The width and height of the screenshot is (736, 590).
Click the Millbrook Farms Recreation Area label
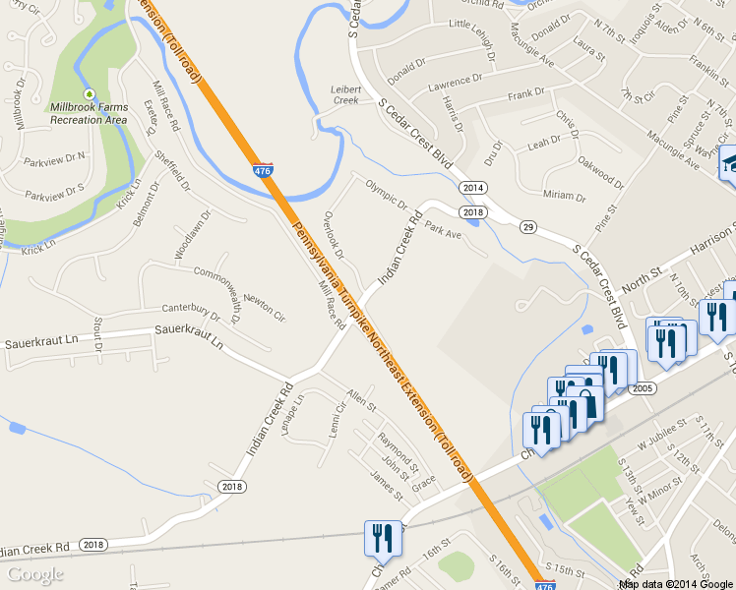(89, 113)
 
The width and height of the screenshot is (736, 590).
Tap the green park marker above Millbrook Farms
(89, 93)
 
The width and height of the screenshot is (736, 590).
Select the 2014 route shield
(473, 187)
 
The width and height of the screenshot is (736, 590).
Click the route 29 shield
(528, 228)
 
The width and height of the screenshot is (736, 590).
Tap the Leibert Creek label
(345, 94)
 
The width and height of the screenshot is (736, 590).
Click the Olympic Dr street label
(386, 193)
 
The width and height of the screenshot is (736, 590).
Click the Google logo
(35, 574)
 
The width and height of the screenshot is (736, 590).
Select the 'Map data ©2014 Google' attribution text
(676, 584)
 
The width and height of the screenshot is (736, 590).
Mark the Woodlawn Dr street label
(193, 235)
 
